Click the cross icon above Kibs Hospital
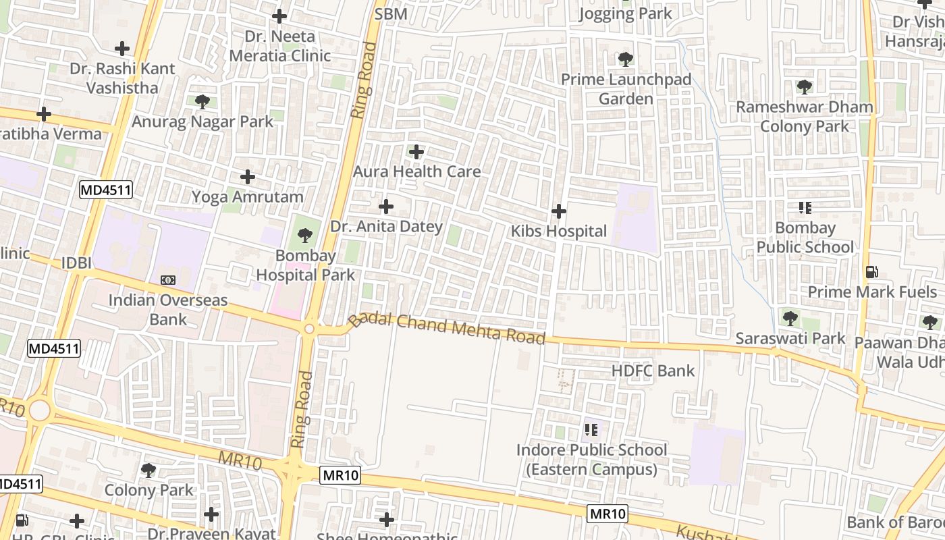[559, 211]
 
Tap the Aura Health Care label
[416, 171]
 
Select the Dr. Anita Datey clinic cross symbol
[386, 206]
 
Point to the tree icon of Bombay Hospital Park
[305, 236]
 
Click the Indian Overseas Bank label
[168, 309]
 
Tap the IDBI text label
[76, 263]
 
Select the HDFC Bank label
[653, 370]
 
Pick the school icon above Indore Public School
[591, 430]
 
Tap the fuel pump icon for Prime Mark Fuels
[872, 272]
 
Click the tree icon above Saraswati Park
[790, 318]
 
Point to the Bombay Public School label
[805, 238]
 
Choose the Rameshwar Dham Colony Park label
[804, 116]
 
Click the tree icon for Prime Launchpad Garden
[626, 59]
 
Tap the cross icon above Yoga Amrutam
[248, 177]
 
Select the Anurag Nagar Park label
[202, 122]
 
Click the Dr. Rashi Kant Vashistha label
[122, 78]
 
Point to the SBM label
[391, 14]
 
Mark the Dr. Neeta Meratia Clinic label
[279, 45]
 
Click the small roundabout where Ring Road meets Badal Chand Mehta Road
[309, 329]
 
